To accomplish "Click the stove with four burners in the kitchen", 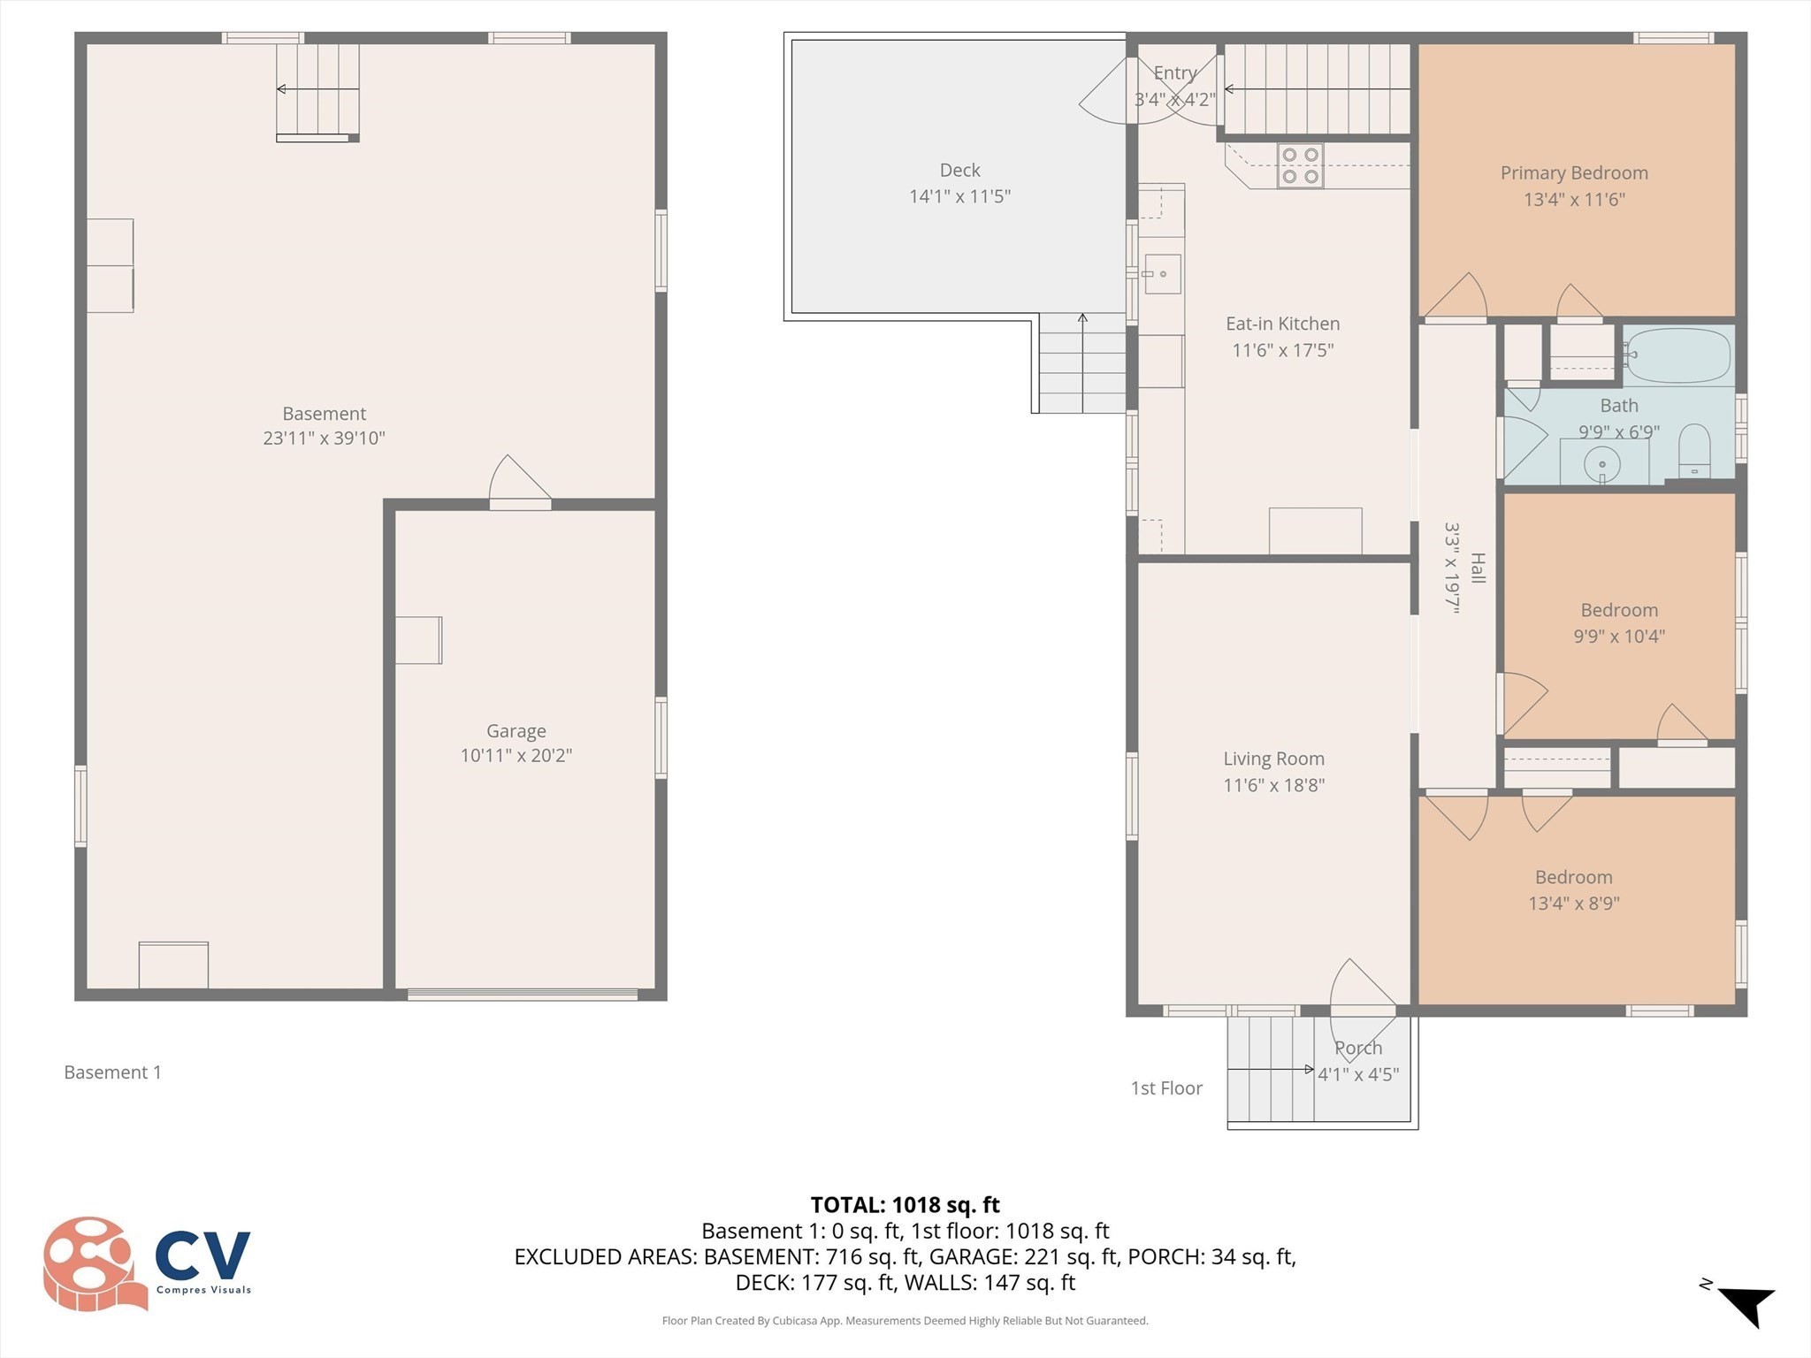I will pyautogui.click(x=1300, y=165).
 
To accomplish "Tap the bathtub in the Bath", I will pyautogui.click(x=1677, y=355).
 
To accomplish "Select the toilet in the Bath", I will pyautogui.click(x=1694, y=452).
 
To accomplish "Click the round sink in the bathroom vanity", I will pyautogui.click(x=1602, y=462).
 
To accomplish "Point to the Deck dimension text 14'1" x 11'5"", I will pyautogui.click(x=959, y=196).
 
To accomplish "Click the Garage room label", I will pyautogui.click(x=516, y=731).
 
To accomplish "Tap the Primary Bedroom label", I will pyautogui.click(x=1573, y=173).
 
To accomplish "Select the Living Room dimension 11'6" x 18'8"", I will pyautogui.click(x=1273, y=785).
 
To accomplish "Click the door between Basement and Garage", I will pyautogui.click(x=519, y=484).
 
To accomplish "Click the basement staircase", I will pyautogui.click(x=317, y=91).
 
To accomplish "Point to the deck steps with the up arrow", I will pyautogui.click(x=1081, y=363).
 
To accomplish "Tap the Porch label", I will pyautogui.click(x=1357, y=1048).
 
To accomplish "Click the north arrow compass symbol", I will pyautogui.click(x=1743, y=1306).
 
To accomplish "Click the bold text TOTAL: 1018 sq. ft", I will pyautogui.click(x=905, y=1205).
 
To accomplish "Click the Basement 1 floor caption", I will pyautogui.click(x=112, y=1072).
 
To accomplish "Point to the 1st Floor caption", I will pyautogui.click(x=1166, y=1088).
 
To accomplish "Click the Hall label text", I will pyautogui.click(x=1477, y=568).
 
